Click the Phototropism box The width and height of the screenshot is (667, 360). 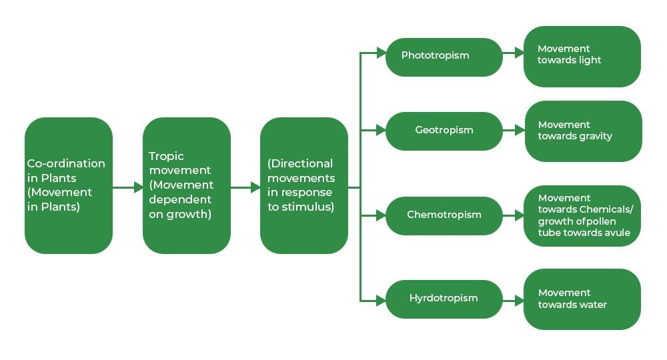coord(444,57)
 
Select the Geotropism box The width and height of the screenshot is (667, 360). coord(444,131)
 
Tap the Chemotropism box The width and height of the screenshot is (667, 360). coord(444,216)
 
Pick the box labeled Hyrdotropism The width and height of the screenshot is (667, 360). coord(444,299)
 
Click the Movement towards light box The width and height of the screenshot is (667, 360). coord(582,57)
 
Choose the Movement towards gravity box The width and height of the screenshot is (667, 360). coord(582,131)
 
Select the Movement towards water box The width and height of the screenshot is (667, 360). coord(582,299)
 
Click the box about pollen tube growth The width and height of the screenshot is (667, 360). coord(582,216)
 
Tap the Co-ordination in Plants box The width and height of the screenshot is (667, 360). coord(68,186)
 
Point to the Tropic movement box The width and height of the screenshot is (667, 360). coord(186,186)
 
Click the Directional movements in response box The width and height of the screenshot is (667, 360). coord(303,186)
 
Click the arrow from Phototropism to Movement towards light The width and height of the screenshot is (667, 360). coord(513,53)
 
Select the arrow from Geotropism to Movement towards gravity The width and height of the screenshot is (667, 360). coord(513,131)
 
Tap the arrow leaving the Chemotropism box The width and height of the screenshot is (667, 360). coord(513,216)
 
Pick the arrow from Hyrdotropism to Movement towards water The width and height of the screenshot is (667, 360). coord(513,301)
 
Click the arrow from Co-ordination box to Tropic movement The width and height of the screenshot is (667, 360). coord(127,188)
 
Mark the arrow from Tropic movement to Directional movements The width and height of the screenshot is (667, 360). coord(245,188)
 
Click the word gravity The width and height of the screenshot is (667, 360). coord(596,136)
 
